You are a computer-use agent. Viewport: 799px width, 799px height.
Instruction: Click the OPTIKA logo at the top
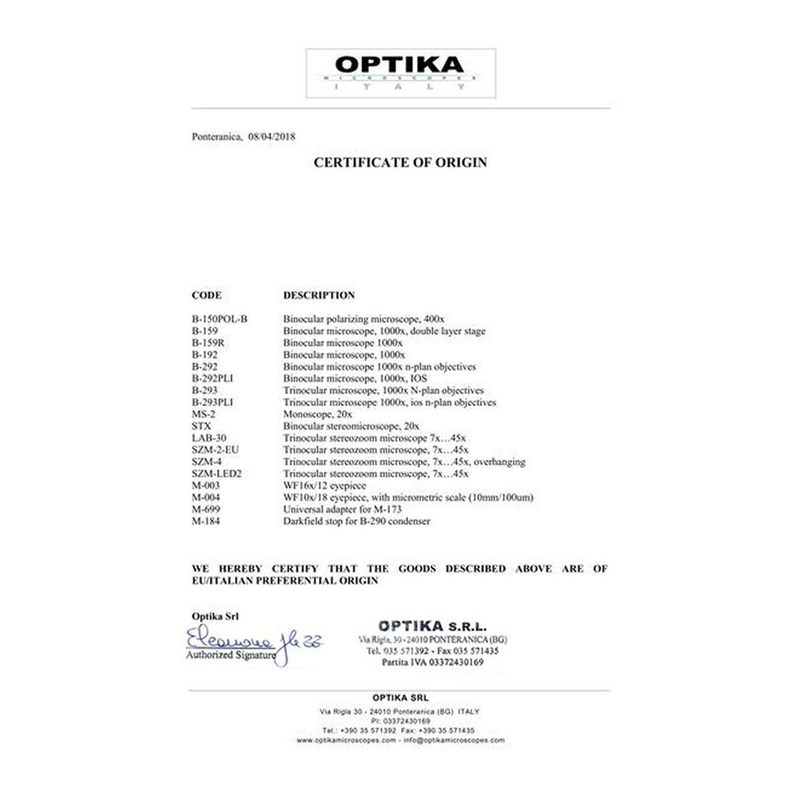[x=400, y=73]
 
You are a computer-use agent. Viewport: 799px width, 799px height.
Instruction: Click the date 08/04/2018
[x=272, y=137]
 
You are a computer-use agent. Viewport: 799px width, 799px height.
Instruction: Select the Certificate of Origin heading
[x=399, y=162]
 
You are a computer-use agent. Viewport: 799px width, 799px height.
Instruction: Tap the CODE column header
[x=206, y=295]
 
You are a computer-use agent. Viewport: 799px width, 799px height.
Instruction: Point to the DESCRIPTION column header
[x=319, y=295]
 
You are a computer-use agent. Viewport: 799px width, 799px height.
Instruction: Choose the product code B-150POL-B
[x=220, y=318]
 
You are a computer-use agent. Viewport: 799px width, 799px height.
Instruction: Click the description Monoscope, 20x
[x=318, y=414]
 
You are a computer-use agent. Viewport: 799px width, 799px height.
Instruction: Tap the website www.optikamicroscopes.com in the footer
[x=346, y=741]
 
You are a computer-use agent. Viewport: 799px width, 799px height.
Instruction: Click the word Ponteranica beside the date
[x=217, y=137]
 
